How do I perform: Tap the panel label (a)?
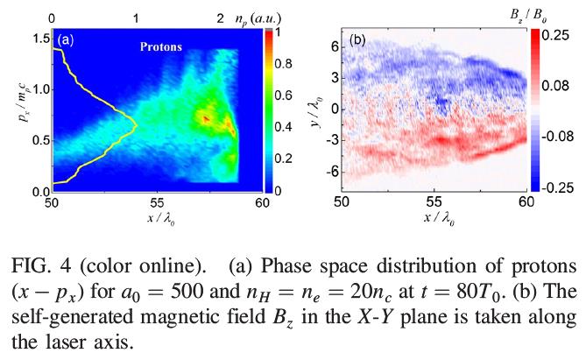66,39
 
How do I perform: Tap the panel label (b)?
358,40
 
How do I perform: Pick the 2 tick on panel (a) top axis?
220,17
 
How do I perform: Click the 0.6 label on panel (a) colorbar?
285,95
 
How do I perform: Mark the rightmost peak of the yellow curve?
137,124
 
